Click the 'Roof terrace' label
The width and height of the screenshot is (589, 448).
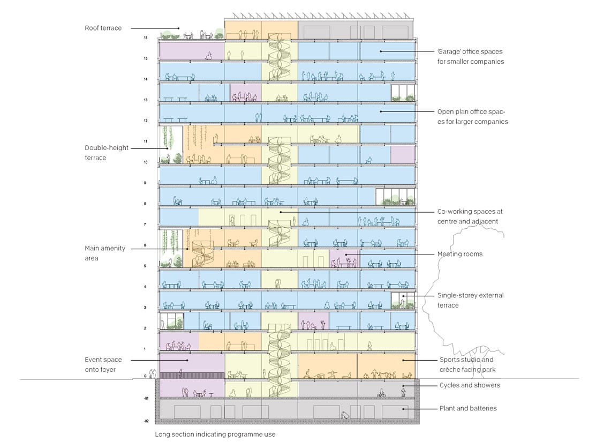(103, 28)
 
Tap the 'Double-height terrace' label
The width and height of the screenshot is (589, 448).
(107, 153)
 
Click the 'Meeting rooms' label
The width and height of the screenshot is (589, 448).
(460, 254)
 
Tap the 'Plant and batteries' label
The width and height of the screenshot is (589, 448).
(468, 408)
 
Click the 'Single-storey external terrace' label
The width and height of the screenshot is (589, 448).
(470, 300)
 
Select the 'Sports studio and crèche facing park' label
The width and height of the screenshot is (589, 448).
(466, 364)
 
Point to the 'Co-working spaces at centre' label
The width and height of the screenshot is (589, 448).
(470, 216)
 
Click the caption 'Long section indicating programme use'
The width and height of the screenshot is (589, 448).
(215, 435)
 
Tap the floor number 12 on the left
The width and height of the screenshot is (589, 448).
(145, 121)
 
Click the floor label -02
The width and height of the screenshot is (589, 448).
(146, 422)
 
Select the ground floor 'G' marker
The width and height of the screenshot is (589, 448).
(146, 377)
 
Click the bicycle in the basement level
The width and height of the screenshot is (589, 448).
(381, 394)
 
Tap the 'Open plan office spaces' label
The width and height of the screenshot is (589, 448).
(472, 117)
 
